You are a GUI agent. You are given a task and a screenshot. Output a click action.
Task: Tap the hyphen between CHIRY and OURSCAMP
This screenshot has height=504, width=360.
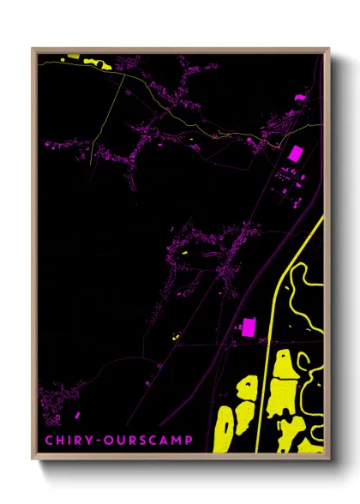pos(101,443)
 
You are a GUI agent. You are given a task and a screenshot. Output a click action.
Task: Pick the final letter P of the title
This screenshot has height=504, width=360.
pos(189,443)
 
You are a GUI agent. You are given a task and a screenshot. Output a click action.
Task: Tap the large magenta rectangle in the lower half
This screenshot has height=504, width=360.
pos(249,326)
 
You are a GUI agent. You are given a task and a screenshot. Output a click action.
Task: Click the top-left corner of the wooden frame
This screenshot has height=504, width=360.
pos(33,49)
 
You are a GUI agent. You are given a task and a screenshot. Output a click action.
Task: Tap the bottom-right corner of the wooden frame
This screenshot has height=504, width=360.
pos(328,459)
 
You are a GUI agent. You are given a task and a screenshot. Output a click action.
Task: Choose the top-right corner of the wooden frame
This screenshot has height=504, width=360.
pos(328,49)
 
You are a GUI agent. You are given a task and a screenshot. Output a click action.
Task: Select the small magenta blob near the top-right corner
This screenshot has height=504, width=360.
pos(300,98)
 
